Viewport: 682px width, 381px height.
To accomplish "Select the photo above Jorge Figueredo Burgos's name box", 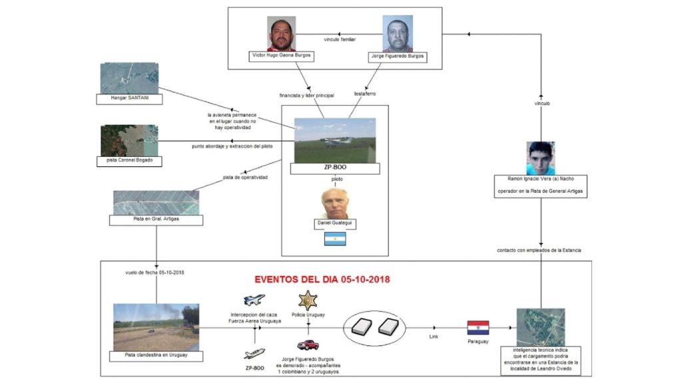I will coord(398,33).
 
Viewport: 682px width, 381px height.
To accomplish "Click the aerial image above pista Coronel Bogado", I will coord(129,140).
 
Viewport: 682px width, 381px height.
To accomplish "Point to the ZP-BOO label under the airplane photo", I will coord(335,169).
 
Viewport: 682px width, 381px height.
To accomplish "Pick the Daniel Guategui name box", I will coord(335,224).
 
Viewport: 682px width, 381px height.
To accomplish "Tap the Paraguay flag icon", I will coord(478,327).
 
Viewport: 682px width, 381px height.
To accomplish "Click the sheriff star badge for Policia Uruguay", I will coord(308,300).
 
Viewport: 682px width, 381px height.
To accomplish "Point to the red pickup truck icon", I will coord(308,344).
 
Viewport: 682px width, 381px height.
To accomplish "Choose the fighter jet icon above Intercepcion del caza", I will coord(254,300).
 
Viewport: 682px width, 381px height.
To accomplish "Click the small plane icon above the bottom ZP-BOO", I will coord(254,353).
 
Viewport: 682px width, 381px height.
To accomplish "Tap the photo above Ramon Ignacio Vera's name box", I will coord(540,158).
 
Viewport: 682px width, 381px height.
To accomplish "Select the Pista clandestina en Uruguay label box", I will coord(157,356).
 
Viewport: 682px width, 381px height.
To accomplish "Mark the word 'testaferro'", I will coord(365,94).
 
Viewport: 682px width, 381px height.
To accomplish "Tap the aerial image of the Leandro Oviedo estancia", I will coord(540,327).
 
